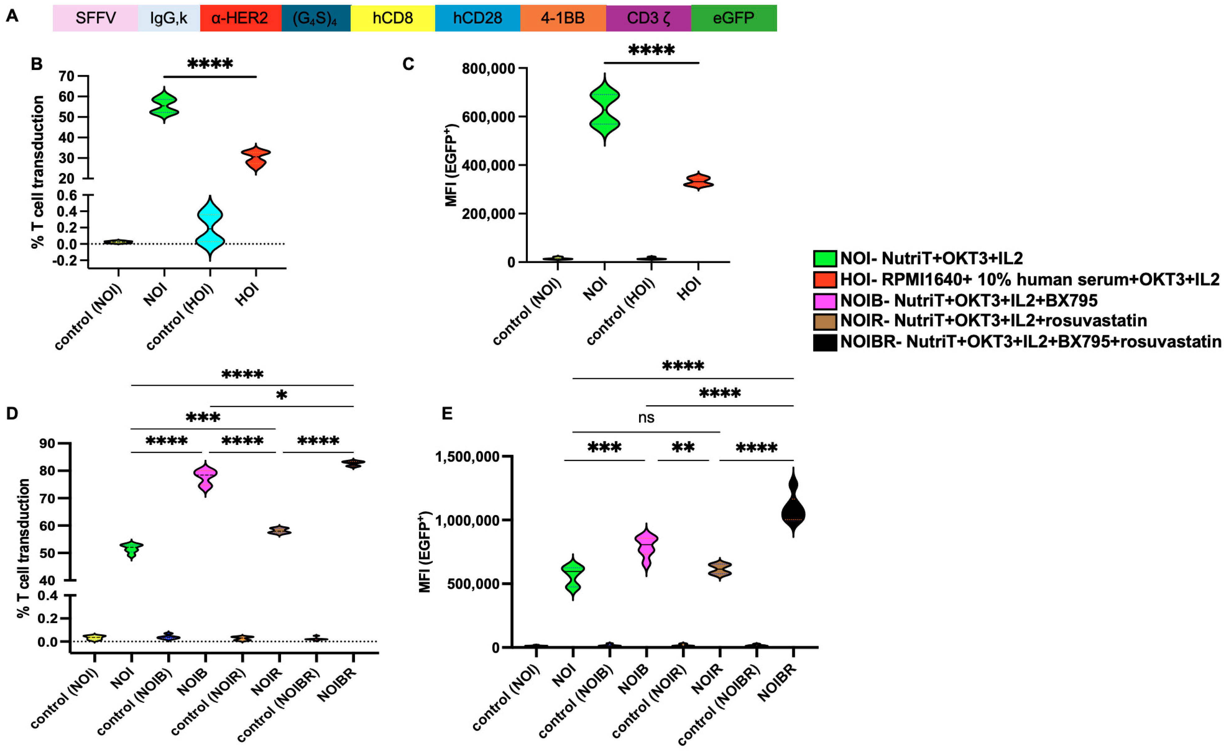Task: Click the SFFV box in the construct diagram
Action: [x=95, y=18]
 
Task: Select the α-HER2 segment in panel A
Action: [x=240, y=18]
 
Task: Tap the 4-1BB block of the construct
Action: [x=563, y=18]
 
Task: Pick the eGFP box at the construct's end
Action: [x=733, y=18]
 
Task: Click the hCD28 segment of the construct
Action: [x=477, y=18]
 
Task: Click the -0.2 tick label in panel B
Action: [x=66, y=260]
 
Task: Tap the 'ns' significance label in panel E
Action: [x=646, y=418]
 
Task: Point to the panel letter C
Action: [x=408, y=64]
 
